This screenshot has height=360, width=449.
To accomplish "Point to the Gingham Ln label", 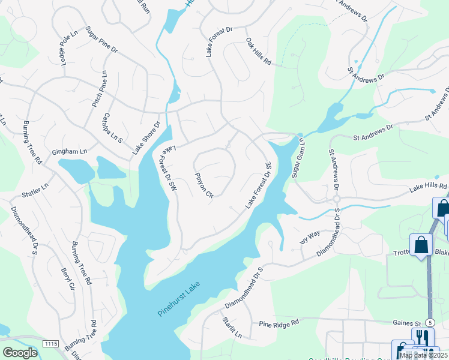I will coord(69,152).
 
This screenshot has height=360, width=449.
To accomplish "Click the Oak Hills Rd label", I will coord(259,52).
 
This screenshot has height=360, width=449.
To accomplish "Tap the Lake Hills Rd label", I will coord(429,187).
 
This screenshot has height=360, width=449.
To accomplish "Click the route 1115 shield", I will coord(51,343).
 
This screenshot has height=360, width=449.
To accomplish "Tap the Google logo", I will coord(20,353).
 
